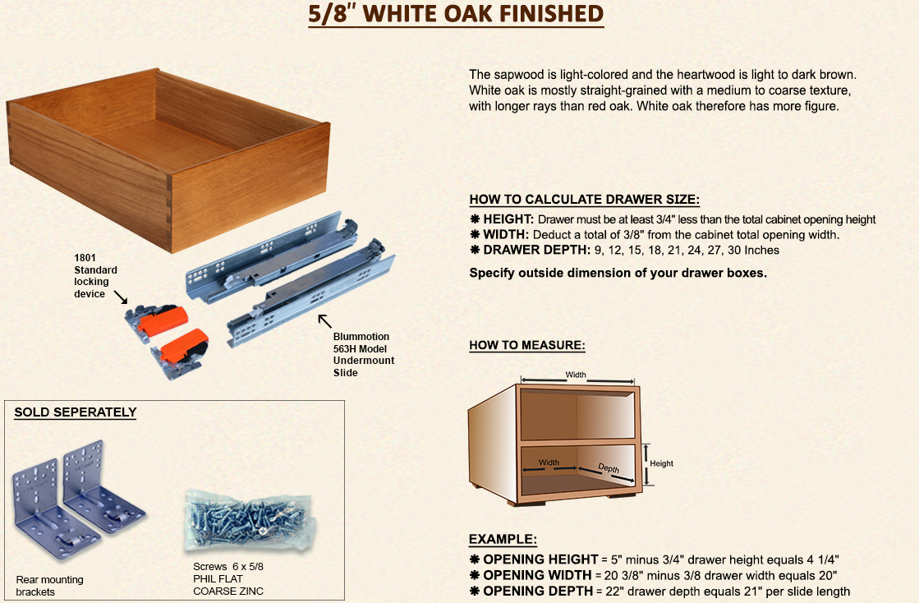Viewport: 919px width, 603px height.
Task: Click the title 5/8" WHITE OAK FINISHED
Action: tap(456, 14)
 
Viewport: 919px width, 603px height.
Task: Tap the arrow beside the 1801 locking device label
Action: tap(120, 297)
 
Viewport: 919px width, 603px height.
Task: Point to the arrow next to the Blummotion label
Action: tap(324, 320)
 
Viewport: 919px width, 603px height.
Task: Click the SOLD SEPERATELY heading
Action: tap(75, 412)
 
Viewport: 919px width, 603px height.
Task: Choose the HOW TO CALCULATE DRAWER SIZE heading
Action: tap(585, 200)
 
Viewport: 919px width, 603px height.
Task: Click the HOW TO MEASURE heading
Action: tap(527, 345)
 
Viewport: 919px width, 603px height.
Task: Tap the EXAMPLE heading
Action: tap(503, 539)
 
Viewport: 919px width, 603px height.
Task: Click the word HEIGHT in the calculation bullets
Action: tap(508, 219)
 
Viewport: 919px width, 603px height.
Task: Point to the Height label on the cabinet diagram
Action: tap(661, 463)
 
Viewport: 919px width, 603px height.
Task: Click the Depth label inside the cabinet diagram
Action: tap(609, 467)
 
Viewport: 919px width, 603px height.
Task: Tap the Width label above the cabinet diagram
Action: tap(576, 375)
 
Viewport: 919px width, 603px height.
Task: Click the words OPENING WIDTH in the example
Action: tap(537, 575)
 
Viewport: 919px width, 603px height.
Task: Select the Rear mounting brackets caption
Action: tap(50, 586)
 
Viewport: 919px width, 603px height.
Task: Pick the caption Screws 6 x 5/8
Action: tap(228, 567)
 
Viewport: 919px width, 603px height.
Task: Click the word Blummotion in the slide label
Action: tap(361, 336)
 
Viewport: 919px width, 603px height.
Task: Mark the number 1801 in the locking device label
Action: tap(85, 258)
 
